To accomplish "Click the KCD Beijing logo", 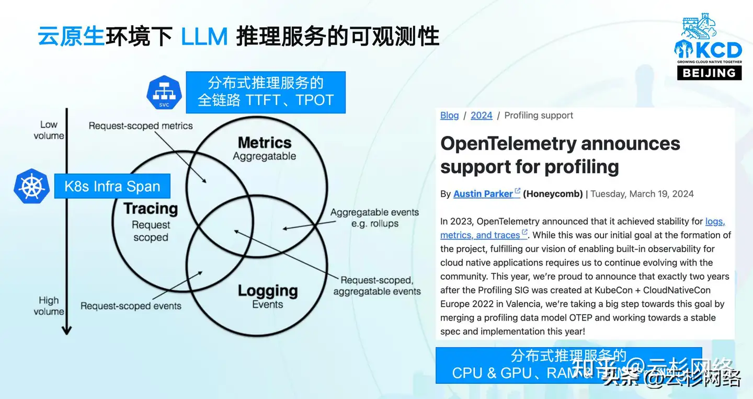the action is pos(708,47).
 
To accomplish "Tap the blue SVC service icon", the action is pos(164,92).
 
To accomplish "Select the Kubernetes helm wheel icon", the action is pos(32,186).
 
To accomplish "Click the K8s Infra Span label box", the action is pos(112,186).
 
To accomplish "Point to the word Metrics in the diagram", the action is pos(264,142).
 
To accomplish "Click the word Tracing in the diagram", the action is pos(151,209).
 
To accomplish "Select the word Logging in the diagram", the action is pos(267,291).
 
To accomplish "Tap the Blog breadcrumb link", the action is pos(449,116).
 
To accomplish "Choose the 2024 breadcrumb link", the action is pos(481,116).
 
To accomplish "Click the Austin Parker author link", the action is pos(483,193).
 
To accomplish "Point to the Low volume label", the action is pos(49,130).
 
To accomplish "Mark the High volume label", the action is pos(49,306).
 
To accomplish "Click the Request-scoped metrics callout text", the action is pos(141,126).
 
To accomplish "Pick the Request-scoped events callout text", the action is pos(131,306).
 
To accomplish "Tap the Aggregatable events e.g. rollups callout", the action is pos(374,218).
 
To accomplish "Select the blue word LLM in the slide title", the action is pos(204,37).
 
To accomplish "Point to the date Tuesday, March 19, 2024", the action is pos(642,193).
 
